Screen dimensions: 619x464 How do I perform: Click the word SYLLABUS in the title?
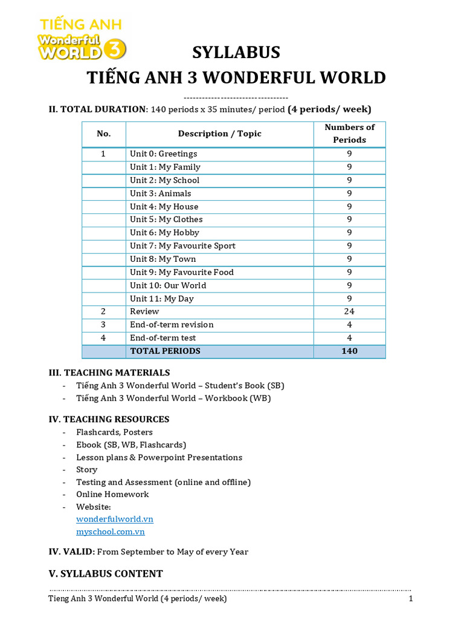(236, 53)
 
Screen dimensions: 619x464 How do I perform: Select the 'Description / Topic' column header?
(219, 134)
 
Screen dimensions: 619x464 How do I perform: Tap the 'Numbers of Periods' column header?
(349, 134)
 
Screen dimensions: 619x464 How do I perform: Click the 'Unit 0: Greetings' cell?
(163, 154)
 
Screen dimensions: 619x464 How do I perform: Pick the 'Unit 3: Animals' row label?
(160, 193)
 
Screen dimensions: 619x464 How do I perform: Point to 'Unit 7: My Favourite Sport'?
(182, 246)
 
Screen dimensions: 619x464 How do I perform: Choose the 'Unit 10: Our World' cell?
(168, 285)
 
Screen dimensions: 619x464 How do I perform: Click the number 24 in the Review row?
(349, 312)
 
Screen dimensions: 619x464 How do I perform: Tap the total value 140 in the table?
(349, 351)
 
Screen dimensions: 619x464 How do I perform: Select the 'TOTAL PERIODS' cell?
(165, 351)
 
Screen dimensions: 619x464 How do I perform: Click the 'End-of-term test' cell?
(163, 338)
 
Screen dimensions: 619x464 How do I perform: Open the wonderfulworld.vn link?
(115, 519)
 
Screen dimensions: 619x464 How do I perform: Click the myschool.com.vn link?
(111, 532)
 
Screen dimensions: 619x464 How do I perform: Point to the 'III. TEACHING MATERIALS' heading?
(109, 372)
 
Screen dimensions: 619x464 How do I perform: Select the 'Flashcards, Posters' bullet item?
(114, 432)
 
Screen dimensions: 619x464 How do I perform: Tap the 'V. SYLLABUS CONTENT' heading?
(106, 574)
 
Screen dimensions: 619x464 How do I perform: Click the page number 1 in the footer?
(410, 599)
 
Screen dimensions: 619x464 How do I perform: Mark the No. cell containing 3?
(103, 325)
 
